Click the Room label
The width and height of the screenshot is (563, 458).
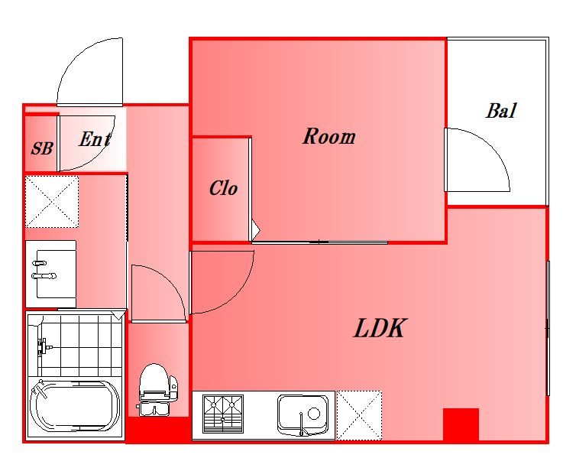coord(329,137)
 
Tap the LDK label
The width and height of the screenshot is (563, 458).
coord(380,328)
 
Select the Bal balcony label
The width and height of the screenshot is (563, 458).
coord(502,111)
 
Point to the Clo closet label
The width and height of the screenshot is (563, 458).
coord(223,188)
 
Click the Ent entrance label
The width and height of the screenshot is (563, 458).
coord(95,139)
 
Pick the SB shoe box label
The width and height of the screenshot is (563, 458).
coord(42,148)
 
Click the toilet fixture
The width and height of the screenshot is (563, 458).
coord(157,390)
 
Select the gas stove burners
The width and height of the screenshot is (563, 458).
coord(223,414)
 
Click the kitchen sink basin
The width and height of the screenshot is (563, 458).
coord(303,414)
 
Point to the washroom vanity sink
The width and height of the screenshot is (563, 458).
coord(51,274)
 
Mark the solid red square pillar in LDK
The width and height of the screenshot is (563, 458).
coord(461,424)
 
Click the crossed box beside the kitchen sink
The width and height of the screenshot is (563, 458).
coord(359,415)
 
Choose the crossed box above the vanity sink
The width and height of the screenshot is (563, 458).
coord(52,202)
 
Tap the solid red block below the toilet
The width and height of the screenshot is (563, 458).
coord(158,430)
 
